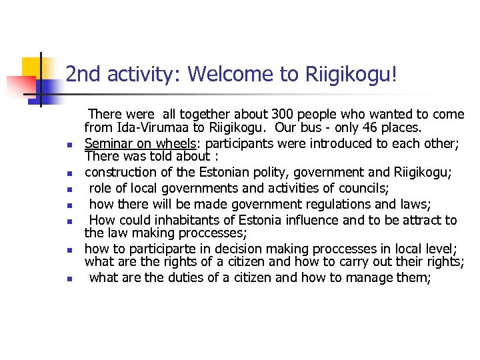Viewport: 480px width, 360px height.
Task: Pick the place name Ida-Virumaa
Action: pyautogui.click(x=155, y=127)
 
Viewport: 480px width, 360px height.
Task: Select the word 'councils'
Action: pyautogui.click(x=355, y=188)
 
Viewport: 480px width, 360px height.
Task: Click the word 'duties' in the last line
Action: pyautogui.click(x=183, y=278)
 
